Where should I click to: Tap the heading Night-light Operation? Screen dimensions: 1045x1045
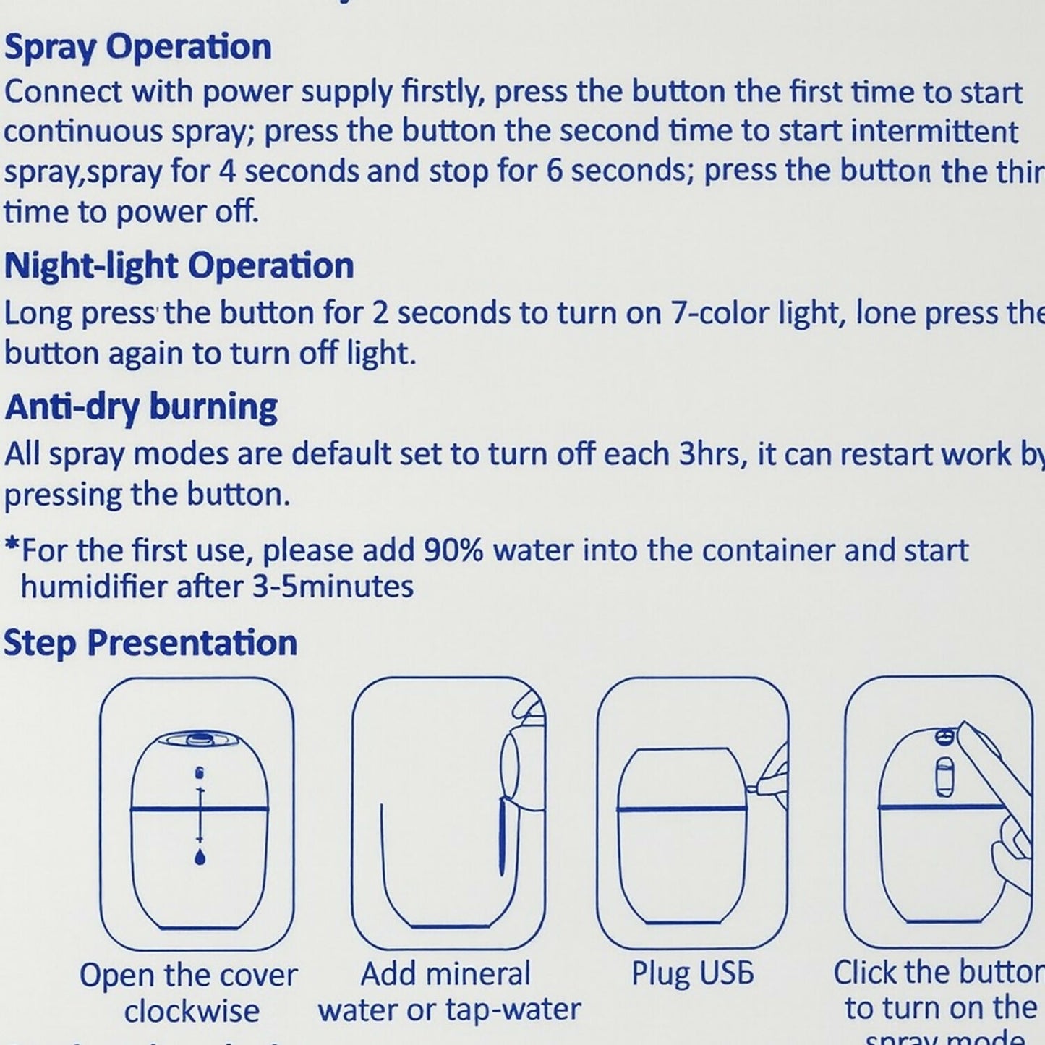click(179, 266)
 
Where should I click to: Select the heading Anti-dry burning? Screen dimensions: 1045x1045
click(140, 407)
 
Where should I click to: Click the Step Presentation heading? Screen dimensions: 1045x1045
click(150, 643)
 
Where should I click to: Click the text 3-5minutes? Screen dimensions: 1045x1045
click(333, 586)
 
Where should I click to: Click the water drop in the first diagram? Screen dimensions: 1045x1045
click(200, 857)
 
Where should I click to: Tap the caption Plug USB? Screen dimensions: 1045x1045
click(692, 973)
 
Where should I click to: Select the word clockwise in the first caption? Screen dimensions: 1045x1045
click(191, 1011)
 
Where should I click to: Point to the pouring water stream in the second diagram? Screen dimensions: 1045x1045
click(502, 839)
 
